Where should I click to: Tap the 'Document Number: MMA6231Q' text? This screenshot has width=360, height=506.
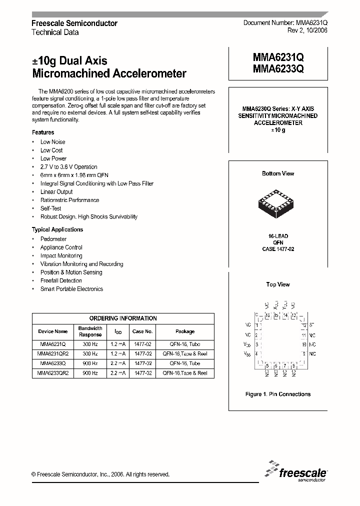pos(285,23)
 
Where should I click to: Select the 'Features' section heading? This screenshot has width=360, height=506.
pos(43,132)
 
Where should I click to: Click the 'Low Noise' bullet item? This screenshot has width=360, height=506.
pos(52,142)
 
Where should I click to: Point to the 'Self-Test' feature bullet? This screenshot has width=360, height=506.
pos(50,208)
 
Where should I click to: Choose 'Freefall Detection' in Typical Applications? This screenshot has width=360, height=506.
pos(61,280)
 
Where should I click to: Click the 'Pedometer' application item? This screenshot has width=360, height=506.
pos(53,239)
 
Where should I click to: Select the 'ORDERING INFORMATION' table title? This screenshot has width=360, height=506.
pos(123,318)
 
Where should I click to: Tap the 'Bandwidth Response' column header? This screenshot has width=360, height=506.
pos(90,331)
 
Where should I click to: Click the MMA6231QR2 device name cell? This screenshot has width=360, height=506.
pos(53,353)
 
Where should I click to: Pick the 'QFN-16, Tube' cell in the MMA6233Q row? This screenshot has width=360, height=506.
pos(185,363)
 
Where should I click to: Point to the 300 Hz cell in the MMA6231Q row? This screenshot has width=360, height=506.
pos(90,344)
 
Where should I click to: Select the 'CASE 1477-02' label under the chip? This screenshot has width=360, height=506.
pos(278,248)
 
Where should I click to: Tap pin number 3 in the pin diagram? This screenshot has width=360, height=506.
pos(257,344)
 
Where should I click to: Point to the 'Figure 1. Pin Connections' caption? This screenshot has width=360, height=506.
pos(278,394)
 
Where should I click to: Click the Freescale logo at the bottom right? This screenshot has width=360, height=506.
pos(296,472)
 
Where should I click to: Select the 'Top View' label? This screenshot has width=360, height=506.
pos(278,284)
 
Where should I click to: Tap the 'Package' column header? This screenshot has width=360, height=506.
pos(185,331)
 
